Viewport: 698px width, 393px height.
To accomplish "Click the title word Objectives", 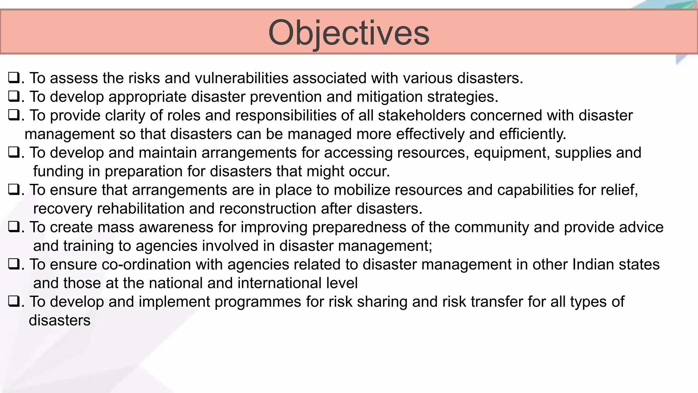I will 349,33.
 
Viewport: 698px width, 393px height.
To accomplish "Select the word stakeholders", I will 422,115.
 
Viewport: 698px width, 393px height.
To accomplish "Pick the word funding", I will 58,171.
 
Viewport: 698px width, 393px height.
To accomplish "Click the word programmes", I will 258,302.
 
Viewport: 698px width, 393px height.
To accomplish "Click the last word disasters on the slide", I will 60,320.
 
